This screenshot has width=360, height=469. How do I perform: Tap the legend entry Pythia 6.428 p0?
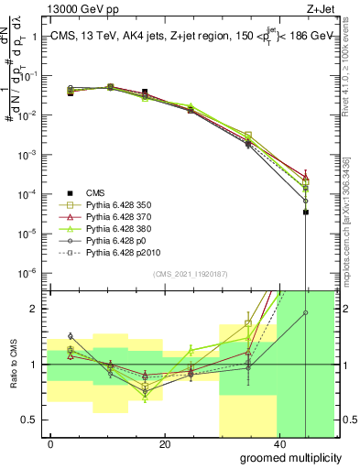tap(118, 240)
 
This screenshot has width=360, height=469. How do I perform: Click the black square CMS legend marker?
tap(70, 192)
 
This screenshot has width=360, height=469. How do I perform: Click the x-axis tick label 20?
tap(164, 444)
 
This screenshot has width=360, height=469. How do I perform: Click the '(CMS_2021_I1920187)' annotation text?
tap(191, 274)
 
